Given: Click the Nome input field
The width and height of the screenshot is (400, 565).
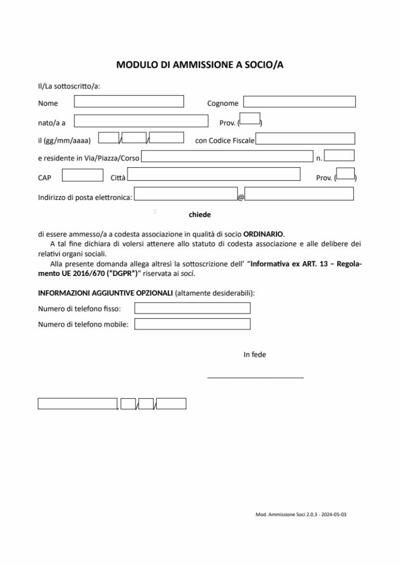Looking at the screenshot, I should (129, 102).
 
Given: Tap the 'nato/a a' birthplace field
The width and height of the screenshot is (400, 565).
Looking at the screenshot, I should (141, 121).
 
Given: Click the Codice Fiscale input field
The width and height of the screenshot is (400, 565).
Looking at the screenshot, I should (305, 139).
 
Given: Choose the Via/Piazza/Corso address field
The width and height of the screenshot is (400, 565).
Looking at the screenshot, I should (227, 156).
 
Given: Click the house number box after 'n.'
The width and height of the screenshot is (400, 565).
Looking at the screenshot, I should (343, 155).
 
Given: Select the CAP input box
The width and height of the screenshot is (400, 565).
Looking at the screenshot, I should (82, 175).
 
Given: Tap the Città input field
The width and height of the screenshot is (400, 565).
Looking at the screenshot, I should (214, 174).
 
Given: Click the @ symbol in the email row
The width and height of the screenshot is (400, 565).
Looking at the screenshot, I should (241, 198).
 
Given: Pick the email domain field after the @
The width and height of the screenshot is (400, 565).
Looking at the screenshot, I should (299, 194).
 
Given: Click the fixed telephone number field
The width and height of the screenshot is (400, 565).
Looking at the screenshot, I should (192, 308).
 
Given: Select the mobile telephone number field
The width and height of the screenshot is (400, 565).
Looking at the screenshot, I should (192, 324).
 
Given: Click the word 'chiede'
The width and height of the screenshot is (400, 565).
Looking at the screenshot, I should (200, 214).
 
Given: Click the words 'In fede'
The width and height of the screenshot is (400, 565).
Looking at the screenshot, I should (255, 355).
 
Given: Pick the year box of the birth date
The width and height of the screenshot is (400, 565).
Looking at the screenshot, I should (167, 138).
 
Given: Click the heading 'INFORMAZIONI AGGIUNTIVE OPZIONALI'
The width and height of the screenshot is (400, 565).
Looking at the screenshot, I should (105, 293).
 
